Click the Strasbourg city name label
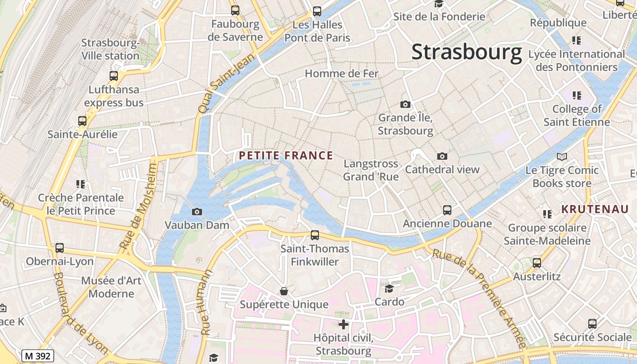[466, 52]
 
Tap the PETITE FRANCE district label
[286, 156]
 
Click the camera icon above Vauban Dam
[197, 212]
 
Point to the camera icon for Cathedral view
[442, 157]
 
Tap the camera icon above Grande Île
[405, 105]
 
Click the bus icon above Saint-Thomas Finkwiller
[314, 235]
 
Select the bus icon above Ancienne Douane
[447, 210]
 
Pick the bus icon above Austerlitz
[537, 263]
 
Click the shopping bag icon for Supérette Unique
[284, 291]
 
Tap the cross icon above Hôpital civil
[344, 324]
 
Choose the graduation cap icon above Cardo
[389, 288]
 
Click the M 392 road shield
[38, 356]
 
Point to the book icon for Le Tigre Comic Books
[562, 157]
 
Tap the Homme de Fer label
[341, 73]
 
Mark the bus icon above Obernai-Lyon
[60, 248]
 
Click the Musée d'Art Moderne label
[111, 287]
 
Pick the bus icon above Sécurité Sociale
[592, 324]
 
